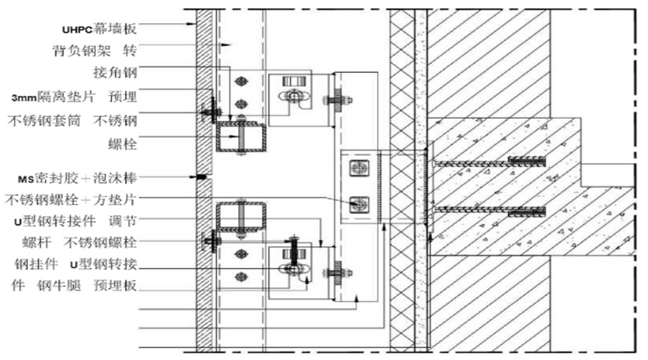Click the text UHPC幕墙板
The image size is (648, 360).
[x=99, y=29]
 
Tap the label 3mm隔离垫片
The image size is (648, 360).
[x=53, y=96]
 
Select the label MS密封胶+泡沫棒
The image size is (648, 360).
[x=77, y=178]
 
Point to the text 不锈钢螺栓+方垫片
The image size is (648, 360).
[x=71, y=199]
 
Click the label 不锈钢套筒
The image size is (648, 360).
[x=44, y=121]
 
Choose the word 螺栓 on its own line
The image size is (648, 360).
[x=122, y=144]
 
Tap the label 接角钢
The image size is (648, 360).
[x=115, y=73]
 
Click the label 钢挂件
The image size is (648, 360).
[x=37, y=264]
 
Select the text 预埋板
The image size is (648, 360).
[x=115, y=285]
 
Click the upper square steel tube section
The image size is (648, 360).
[x=241, y=136]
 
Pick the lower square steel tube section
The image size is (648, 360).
[x=241, y=217]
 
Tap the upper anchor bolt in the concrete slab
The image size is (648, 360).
[x=489, y=163]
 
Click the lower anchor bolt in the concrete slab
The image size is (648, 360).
[x=489, y=211]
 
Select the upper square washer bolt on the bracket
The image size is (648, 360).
[x=359, y=168]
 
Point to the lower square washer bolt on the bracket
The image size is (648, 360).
[x=359, y=204]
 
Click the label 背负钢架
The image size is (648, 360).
[x=82, y=51]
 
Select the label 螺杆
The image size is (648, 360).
[x=37, y=242]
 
